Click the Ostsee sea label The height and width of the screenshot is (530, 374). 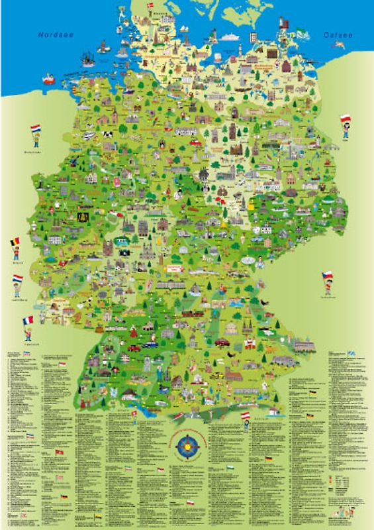click(336, 34)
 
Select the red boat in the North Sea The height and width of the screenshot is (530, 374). click(48, 79)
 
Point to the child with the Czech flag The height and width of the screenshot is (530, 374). click(328, 283)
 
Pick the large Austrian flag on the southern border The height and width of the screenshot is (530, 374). click(244, 415)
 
